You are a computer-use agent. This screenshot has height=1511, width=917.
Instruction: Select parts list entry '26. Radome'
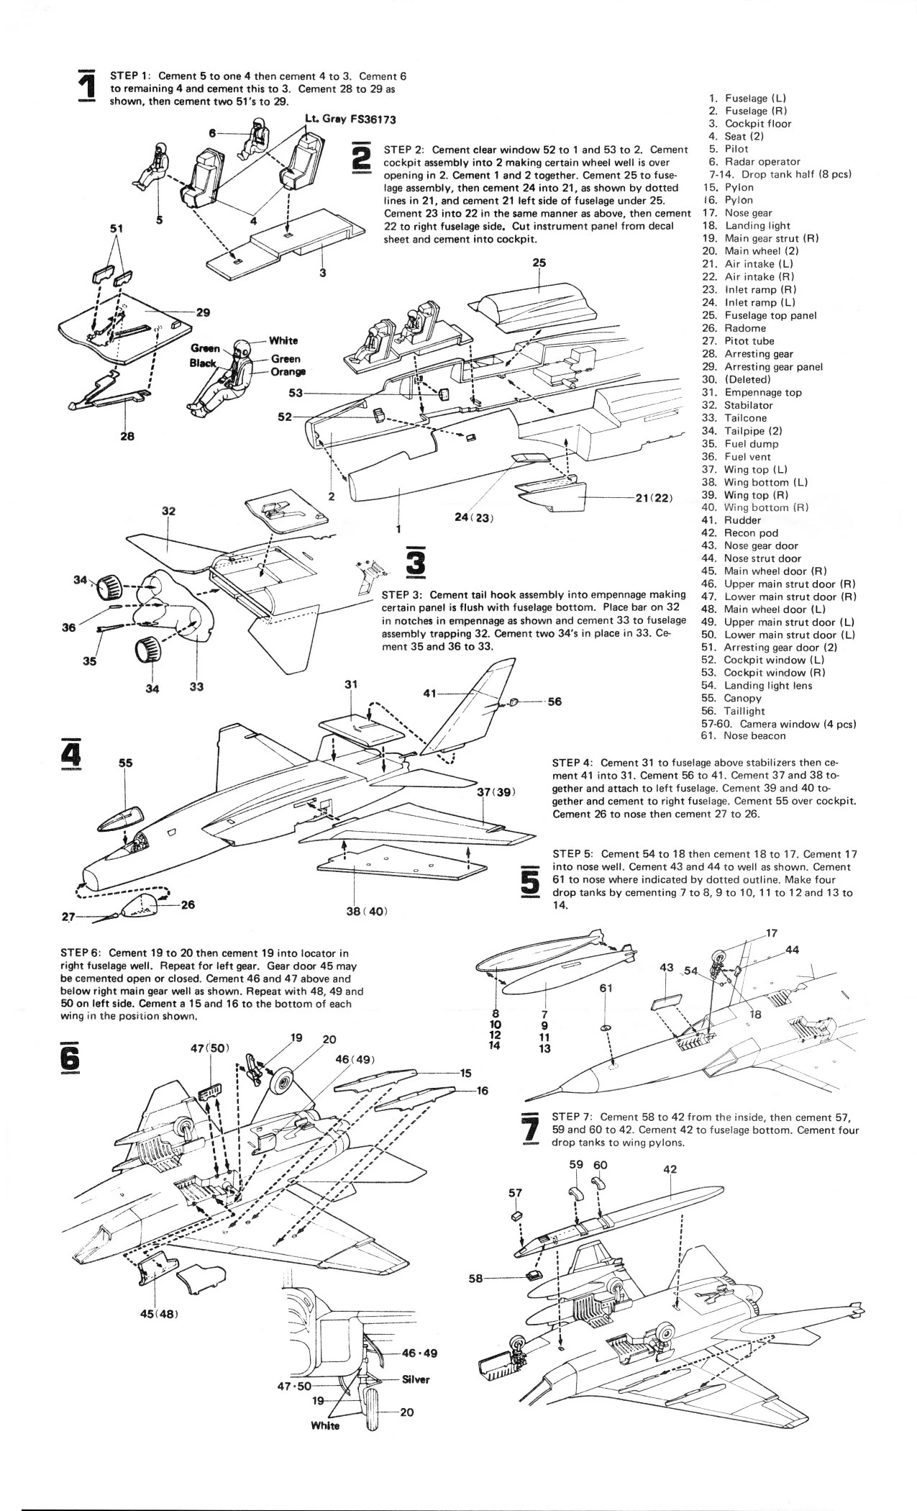tap(734, 328)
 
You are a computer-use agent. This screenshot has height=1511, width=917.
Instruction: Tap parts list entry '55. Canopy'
tap(731, 698)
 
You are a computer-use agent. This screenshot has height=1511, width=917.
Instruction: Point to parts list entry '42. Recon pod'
tap(741, 533)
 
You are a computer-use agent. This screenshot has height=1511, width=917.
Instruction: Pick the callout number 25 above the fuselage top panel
tap(539, 263)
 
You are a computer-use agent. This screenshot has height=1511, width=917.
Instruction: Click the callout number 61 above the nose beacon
tap(606, 988)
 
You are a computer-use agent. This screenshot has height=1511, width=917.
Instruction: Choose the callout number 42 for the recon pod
tap(670, 1169)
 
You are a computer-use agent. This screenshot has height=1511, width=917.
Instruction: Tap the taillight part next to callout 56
tap(512, 702)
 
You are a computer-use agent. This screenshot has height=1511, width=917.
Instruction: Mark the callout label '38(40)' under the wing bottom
tap(368, 911)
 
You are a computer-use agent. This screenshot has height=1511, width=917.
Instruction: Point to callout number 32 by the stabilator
tap(169, 512)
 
